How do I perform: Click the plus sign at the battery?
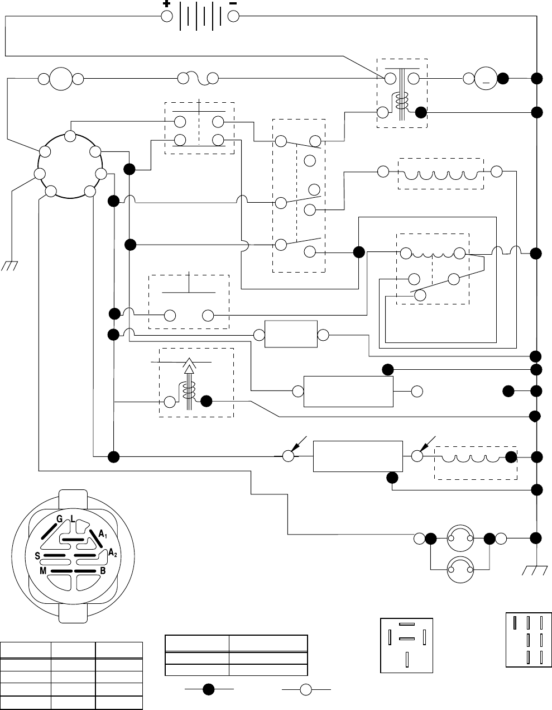166,3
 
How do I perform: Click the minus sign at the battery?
233,3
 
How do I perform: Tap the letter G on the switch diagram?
60,520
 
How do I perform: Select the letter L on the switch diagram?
73,520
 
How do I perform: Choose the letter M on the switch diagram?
43,571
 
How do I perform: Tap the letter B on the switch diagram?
102,571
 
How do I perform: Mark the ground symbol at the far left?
9,265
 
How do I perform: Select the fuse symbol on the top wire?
199,79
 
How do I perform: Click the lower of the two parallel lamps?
460,569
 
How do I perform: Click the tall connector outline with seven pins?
527,640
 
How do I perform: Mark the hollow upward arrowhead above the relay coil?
189,367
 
